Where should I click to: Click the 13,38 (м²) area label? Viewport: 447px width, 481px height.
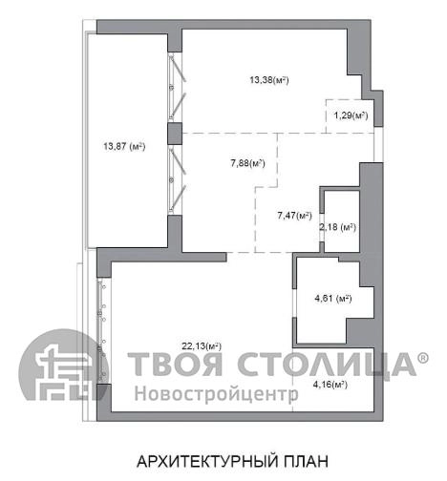point(269,80)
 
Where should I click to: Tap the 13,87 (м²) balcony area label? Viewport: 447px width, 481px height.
point(124,146)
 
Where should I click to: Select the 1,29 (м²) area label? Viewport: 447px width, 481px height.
point(351,115)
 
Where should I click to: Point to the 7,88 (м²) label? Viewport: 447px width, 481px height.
point(248,163)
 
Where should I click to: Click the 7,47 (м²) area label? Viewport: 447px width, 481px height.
point(294,216)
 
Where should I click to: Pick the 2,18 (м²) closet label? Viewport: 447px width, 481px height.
point(337,227)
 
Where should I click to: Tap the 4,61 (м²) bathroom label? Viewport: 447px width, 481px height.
point(333,299)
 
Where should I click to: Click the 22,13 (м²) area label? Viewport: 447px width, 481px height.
point(202,345)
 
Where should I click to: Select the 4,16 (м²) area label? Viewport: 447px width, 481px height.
point(330,385)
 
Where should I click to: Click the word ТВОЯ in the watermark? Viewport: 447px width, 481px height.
point(176,364)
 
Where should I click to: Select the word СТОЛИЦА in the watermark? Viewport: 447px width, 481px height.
point(327,366)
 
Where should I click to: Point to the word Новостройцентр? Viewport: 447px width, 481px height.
point(217,393)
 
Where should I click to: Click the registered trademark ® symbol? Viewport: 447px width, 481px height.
point(423,358)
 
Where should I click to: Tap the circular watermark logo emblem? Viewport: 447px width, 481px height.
point(63,365)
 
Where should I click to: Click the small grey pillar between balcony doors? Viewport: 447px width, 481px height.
point(175,134)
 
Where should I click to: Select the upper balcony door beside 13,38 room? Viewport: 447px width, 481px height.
point(177,87)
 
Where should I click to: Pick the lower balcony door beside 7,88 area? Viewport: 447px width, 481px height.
point(177,180)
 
